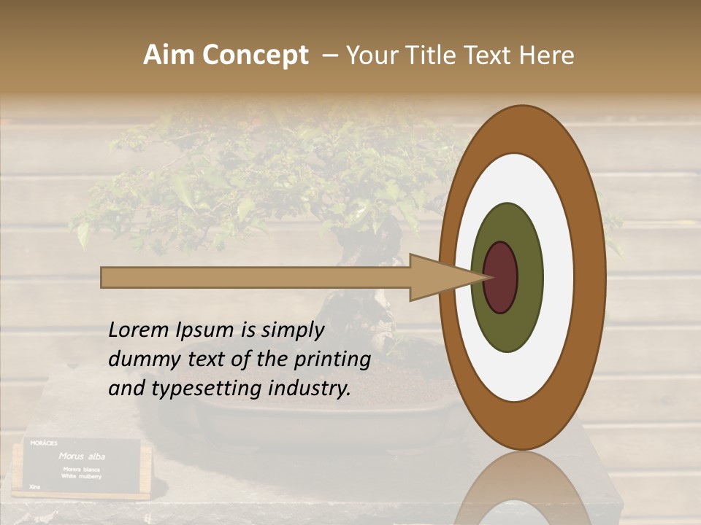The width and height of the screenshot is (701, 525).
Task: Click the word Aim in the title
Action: [x=169, y=55]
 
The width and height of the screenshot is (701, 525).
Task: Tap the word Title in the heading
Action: [x=436, y=55]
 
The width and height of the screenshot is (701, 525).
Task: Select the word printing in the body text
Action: [x=332, y=360]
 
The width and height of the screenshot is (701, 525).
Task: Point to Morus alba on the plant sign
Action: [x=82, y=456]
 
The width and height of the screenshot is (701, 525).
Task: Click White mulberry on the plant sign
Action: [x=82, y=475]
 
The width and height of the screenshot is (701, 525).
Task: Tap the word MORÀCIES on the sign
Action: [x=44, y=443]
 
